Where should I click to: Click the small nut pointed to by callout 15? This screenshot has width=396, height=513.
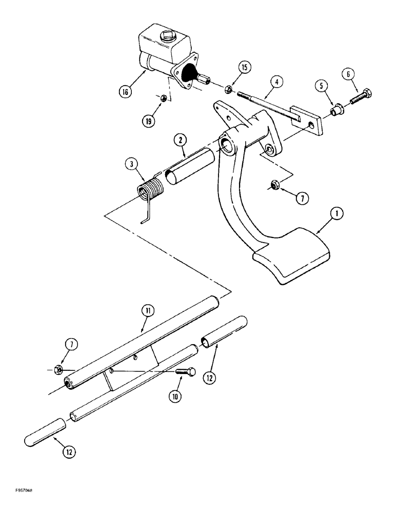(229, 90)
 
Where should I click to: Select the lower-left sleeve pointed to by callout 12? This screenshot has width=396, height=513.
(46, 433)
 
